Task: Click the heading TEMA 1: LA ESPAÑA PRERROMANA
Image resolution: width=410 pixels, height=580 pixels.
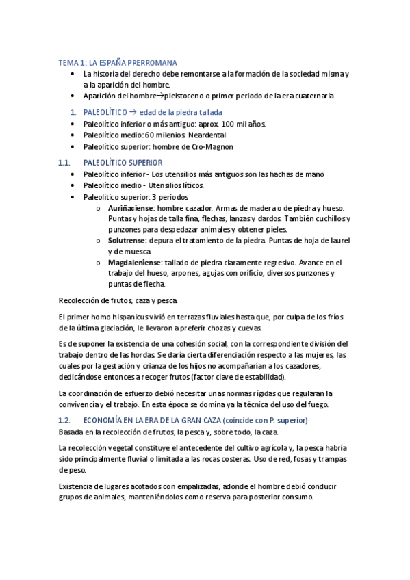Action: [117, 62]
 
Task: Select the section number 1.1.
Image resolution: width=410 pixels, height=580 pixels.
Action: [65, 163]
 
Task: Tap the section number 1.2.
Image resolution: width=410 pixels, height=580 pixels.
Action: [65, 419]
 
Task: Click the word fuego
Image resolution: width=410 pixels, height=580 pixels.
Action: [313, 404]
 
